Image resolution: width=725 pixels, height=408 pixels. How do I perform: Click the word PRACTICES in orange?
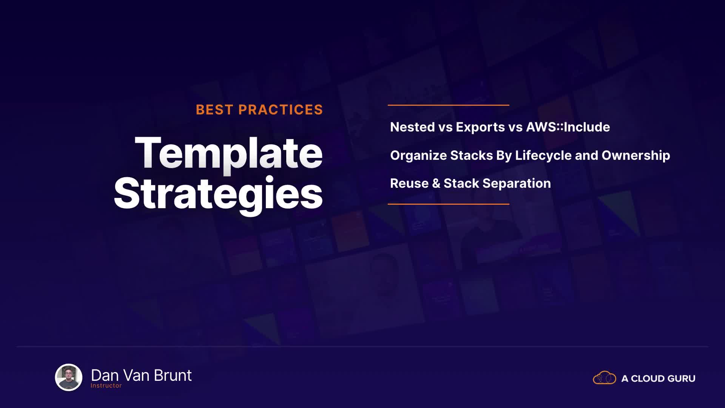click(281, 110)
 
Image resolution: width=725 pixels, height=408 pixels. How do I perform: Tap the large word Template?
click(229, 153)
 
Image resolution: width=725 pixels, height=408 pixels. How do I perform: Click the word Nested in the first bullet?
click(412, 127)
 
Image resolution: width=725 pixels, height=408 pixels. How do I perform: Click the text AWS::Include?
click(568, 127)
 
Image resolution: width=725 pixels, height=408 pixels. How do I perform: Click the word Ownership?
click(636, 156)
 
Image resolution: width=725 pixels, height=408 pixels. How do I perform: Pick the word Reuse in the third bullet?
click(409, 183)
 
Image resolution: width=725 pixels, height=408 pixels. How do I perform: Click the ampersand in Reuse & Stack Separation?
click(436, 184)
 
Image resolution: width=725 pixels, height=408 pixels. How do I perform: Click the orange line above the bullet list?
click(449, 105)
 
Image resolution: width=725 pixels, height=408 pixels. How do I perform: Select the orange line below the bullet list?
click(449, 204)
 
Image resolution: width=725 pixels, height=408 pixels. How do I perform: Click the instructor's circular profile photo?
click(69, 377)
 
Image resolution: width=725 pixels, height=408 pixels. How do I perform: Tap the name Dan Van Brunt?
click(141, 376)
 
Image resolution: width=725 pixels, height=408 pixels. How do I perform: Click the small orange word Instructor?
click(106, 386)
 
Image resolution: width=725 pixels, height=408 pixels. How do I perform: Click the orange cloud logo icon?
click(605, 378)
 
